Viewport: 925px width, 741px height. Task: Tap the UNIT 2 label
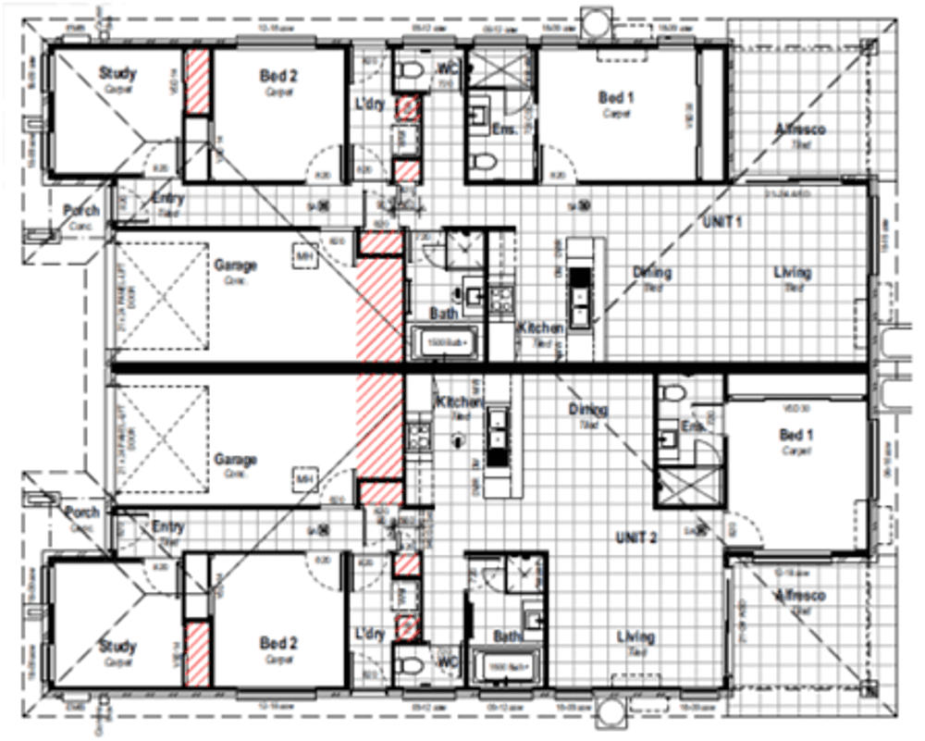click(x=635, y=537)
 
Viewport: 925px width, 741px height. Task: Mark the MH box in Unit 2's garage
click(x=304, y=478)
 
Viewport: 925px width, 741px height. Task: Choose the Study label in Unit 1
click(x=117, y=73)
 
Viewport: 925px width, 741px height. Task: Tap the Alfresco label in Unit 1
click(x=800, y=129)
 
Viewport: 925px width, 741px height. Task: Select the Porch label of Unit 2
click(x=80, y=513)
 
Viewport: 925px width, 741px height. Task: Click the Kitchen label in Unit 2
click(x=460, y=402)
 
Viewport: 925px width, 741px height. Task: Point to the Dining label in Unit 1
click(x=652, y=272)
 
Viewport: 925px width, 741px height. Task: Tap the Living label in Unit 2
click(x=636, y=636)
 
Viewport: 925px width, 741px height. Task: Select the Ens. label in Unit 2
click(x=692, y=426)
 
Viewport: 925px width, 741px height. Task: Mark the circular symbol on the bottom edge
click(x=610, y=713)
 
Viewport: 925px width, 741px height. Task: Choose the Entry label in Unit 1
click(x=169, y=199)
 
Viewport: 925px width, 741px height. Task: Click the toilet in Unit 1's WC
click(x=408, y=70)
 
